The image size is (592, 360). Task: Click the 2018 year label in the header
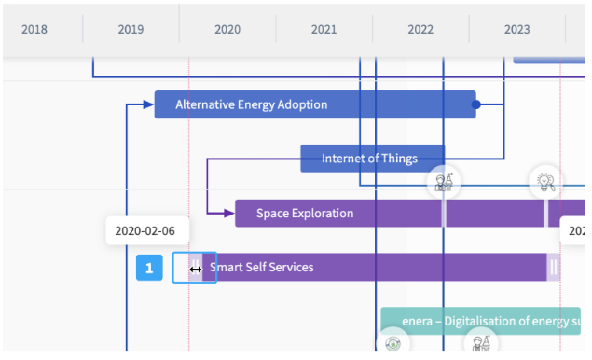point(34,29)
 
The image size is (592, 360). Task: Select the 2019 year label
point(131,29)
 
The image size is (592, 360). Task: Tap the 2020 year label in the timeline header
point(227,29)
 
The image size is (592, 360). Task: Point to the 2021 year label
point(324,29)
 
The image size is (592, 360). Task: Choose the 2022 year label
point(420,29)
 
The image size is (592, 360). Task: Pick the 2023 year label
point(516,29)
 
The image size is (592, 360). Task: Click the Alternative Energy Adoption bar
point(315,104)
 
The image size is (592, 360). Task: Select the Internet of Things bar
point(369,159)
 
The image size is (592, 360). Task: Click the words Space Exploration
point(305,213)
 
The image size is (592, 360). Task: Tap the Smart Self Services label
point(262,267)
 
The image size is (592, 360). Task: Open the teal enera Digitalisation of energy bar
point(480,321)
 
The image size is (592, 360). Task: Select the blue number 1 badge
point(149,268)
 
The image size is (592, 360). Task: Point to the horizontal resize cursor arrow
point(195,269)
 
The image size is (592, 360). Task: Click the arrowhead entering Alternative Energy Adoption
point(148,104)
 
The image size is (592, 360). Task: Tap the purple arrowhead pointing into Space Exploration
point(229,213)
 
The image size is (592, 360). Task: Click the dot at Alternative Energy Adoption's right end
point(475,104)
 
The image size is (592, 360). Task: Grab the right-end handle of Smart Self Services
point(553,267)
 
